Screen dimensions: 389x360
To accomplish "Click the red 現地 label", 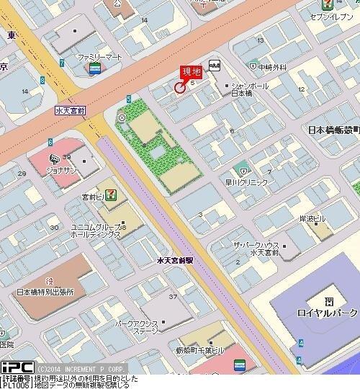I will pos(190,72).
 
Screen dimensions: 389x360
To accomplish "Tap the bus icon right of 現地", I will pos(215,65).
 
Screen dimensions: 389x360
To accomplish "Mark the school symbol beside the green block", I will pos(122,117).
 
